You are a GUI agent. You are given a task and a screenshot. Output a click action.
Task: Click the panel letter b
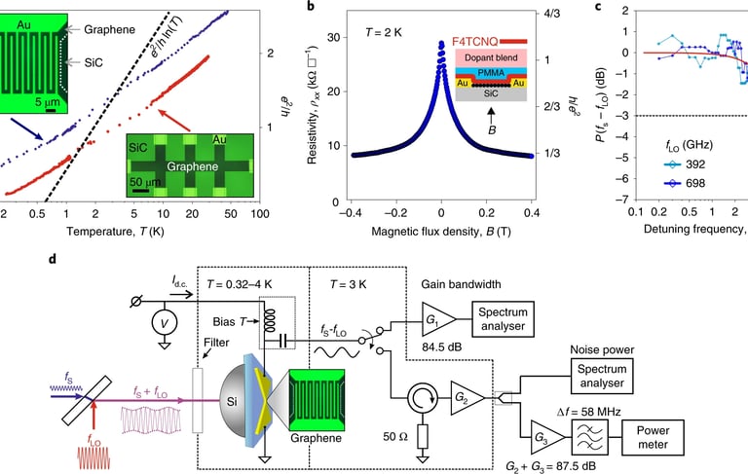tap(310, 8)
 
